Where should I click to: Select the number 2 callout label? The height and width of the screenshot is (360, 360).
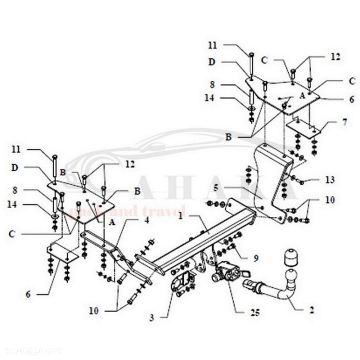pos(312,309)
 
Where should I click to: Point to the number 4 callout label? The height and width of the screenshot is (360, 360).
pos(147,219)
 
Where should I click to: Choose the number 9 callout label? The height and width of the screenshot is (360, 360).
pos(255,258)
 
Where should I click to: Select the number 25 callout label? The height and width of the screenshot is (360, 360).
pos(255,314)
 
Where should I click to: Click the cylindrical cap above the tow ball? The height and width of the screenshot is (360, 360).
pos(290,256)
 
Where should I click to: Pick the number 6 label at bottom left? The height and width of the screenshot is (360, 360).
pos(28,294)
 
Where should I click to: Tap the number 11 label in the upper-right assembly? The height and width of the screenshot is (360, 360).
pos(213,45)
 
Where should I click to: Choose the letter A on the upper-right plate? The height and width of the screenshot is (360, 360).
pos(301,94)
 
